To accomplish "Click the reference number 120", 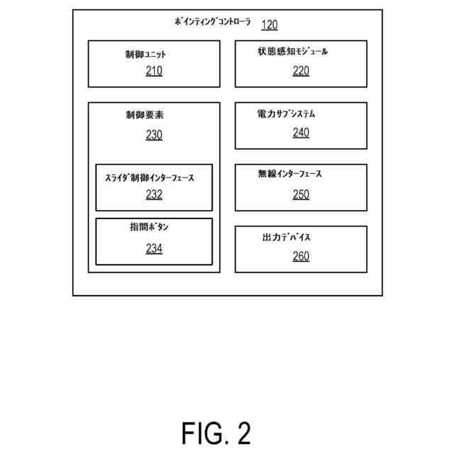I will click(270, 26).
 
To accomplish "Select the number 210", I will click(154, 70).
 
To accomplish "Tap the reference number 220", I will click(301, 70).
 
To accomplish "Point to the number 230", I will click(154, 134).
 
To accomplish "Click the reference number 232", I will click(154, 195).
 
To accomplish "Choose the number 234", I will click(154, 248).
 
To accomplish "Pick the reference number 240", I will click(301, 132).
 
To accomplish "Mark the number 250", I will click(301, 194).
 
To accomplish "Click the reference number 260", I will click(301, 256).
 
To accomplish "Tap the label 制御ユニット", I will click(145, 54).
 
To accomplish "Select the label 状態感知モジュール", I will click(293, 52).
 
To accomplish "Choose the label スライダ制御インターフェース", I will click(149, 178).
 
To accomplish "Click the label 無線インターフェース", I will click(290, 175).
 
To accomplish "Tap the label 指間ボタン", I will click(149, 227).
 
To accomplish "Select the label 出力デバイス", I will click(287, 237).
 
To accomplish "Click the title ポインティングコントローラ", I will click(213, 22).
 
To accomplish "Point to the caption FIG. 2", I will click(216, 432).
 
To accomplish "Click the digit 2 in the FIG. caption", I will click(243, 432).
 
